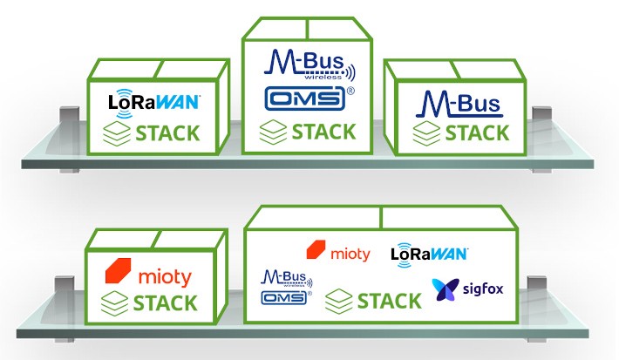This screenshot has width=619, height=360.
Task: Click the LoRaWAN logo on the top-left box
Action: (154, 101)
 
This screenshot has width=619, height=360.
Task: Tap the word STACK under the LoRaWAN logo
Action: (167, 134)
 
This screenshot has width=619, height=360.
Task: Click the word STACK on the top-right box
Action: (475, 132)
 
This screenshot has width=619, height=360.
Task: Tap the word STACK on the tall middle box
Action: (323, 132)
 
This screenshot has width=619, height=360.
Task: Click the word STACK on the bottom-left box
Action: (166, 303)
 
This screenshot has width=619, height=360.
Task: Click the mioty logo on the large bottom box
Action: (338, 254)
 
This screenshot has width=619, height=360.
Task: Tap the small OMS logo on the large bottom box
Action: (285, 297)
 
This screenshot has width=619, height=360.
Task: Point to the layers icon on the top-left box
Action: (116, 134)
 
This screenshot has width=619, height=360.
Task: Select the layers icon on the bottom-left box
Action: (116, 303)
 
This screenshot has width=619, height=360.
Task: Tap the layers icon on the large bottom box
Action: (339, 302)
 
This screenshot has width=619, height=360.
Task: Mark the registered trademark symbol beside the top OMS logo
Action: (350, 90)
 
